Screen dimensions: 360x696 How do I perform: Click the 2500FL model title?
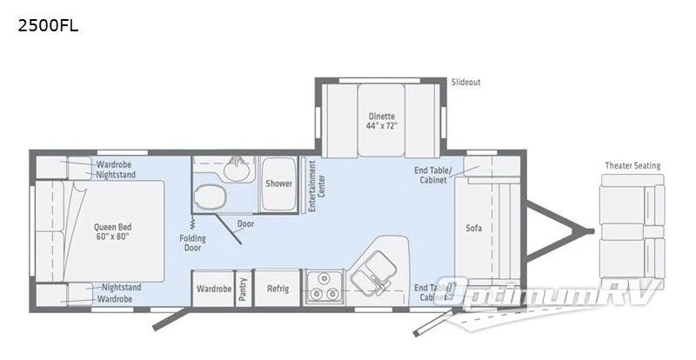pos(49,25)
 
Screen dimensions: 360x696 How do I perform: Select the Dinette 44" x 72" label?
pos(380,121)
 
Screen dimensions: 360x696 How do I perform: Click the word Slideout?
pos(465,83)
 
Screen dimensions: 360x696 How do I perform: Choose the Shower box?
pos(279,183)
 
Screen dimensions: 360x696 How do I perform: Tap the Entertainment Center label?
pos(316,182)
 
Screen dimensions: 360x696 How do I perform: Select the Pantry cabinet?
pos(244,289)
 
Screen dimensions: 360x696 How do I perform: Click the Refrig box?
pos(278,289)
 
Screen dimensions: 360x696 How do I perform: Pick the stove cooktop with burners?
pos(325,288)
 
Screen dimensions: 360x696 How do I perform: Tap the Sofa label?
pos(473,229)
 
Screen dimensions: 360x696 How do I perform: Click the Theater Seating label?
pos(632,166)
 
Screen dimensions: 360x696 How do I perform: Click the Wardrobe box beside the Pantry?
pos(212,289)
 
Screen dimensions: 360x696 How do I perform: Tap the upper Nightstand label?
pos(116,174)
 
